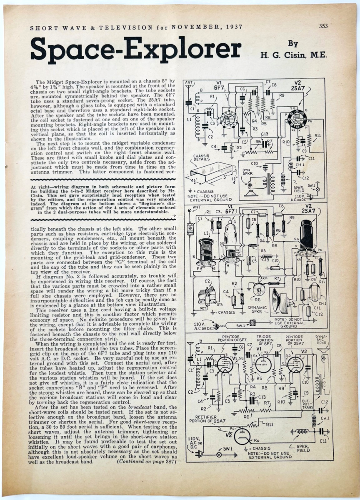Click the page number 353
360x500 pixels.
click(323, 26)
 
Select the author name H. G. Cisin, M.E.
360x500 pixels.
click(288, 55)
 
